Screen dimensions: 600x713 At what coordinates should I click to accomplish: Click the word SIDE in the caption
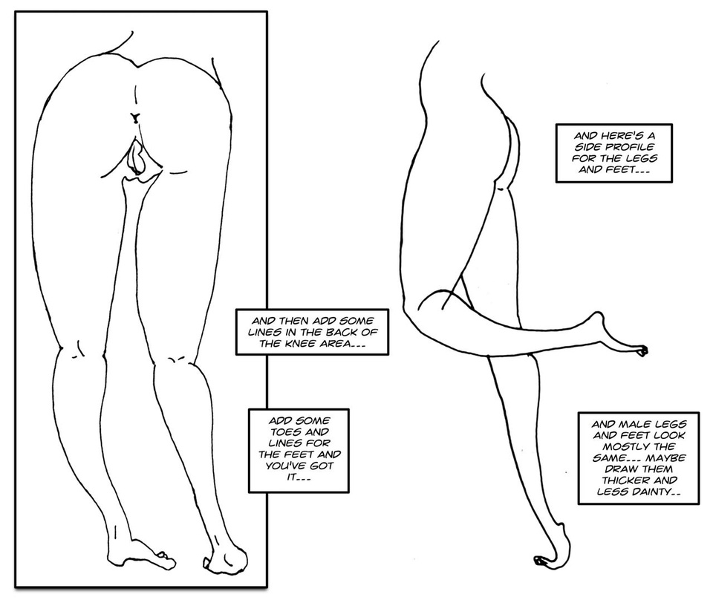(x=579, y=148)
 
